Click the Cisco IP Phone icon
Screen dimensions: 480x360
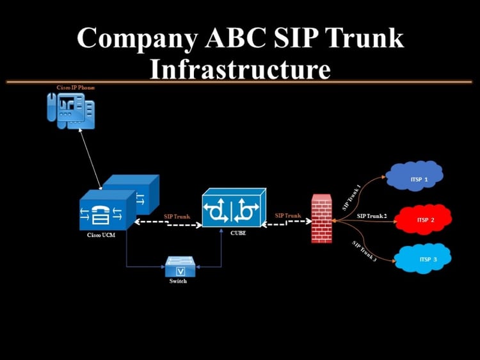point(71,111)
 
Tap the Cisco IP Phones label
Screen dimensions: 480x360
point(76,88)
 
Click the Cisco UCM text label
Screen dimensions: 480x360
point(101,235)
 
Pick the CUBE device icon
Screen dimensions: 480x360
point(234,208)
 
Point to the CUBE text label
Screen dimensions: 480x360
point(238,233)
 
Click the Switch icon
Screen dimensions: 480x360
point(180,266)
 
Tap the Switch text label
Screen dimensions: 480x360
point(178,281)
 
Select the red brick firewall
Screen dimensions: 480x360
point(322,218)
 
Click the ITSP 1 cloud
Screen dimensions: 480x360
point(415,176)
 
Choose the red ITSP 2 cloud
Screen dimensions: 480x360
point(424,219)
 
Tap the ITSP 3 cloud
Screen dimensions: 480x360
point(423,258)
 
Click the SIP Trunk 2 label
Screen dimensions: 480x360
point(372,216)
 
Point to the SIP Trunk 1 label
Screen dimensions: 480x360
point(351,198)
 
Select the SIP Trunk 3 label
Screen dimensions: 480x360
point(364,251)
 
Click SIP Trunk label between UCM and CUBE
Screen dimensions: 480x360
point(177,217)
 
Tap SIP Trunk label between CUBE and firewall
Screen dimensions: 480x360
point(288,215)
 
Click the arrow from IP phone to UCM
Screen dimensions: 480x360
point(90,159)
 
